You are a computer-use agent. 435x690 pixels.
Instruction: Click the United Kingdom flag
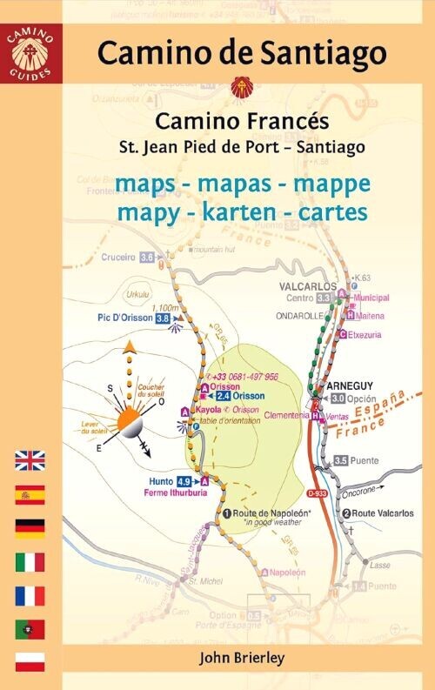click(x=30, y=461)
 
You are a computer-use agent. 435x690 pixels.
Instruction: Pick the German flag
click(x=30, y=528)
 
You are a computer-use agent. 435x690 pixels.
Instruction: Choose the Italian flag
click(x=30, y=562)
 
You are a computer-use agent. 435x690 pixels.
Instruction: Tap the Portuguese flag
click(x=30, y=629)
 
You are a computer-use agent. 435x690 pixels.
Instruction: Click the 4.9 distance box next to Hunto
click(x=184, y=481)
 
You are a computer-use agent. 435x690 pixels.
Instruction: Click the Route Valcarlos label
click(x=383, y=513)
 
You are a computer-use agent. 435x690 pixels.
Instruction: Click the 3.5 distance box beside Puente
click(x=341, y=460)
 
